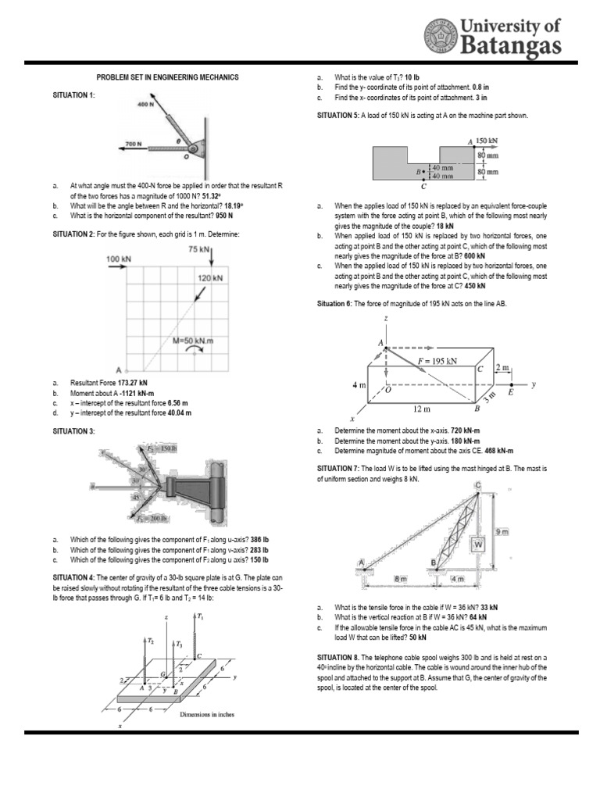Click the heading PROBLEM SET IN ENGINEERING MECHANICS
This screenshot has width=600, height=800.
[167, 77]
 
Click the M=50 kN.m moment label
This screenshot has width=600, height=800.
[194, 340]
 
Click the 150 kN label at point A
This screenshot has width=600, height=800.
[486, 141]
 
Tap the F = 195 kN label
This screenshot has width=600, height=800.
[437, 360]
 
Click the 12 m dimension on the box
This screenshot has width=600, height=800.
[422, 408]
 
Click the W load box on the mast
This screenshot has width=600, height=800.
[479, 543]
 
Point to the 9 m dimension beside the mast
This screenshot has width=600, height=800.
[502, 531]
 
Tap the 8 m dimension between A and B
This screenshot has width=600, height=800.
[400, 579]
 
